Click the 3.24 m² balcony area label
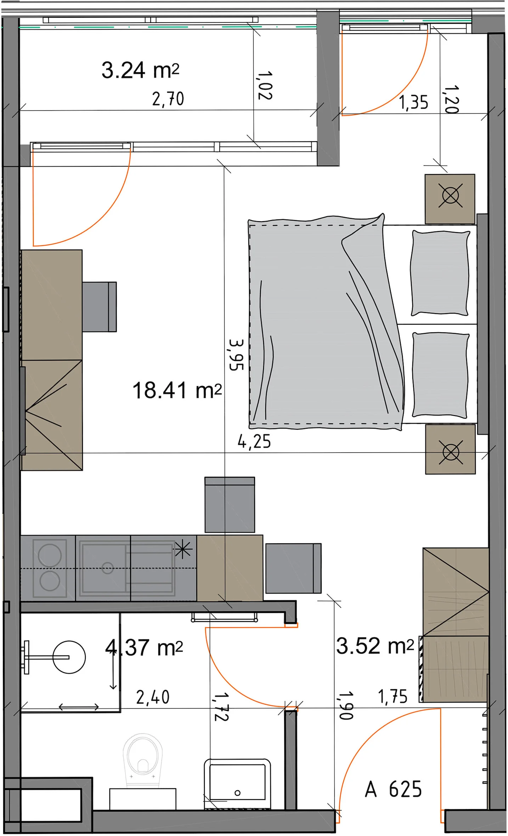(x=140, y=70)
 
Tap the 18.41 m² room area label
(x=177, y=390)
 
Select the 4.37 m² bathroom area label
(x=144, y=647)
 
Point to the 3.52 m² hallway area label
(x=375, y=646)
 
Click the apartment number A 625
(x=393, y=789)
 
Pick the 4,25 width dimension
(x=254, y=442)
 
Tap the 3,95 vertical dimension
(x=236, y=355)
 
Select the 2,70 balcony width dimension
(x=168, y=99)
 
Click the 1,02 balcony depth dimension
(x=265, y=85)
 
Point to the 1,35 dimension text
(x=414, y=102)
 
